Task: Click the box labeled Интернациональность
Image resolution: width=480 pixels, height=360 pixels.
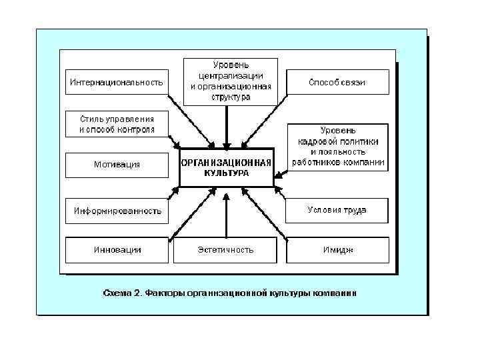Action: (116, 83)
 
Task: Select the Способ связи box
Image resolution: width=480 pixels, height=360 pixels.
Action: (337, 83)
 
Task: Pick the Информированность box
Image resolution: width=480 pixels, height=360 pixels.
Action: (117, 211)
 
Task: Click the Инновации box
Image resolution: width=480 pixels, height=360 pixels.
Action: (117, 250)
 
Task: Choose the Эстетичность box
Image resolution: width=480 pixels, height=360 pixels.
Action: (225, 250)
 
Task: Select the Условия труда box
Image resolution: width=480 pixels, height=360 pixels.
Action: (337, 210)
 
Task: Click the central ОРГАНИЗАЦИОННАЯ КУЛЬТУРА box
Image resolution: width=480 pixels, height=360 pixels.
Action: (226, 167)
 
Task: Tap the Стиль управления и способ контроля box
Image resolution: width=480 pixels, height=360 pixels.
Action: (117, 124)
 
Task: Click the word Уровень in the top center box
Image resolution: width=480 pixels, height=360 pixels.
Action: (231, 65)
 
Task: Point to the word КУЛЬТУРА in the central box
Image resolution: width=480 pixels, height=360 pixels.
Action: (226, 173)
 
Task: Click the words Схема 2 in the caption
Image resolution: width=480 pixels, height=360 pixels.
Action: (120, 292)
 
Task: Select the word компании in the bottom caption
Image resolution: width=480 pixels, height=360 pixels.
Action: (337, 292)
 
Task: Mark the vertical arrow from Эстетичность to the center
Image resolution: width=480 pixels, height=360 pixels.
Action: (226, 217)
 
